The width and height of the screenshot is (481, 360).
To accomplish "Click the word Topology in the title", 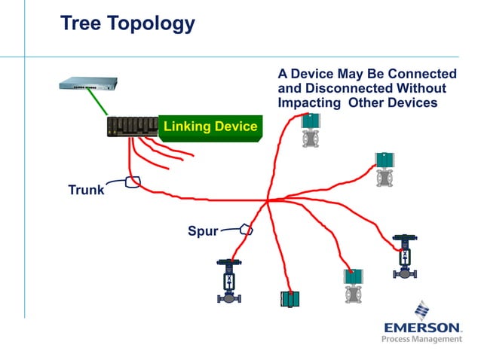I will click(x=152, y=25).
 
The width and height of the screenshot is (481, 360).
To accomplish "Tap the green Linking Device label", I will click(x=210, y=126).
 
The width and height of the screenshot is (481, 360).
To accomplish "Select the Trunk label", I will click(x=86, y=190).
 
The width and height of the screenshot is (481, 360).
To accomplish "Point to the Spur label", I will click(x=202, y=230).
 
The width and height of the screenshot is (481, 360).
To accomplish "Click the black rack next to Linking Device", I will click(x=133, y=127).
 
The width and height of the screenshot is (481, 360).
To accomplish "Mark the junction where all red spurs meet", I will click(x=268, y=200).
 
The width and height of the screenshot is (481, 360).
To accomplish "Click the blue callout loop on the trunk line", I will click(x=133, y=182).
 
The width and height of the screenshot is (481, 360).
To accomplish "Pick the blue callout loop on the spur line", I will click(x=246, y=228).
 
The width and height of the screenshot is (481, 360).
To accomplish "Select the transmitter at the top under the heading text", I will click(x=309, y=130).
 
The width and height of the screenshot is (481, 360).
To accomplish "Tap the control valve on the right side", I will click(x=406, y=257).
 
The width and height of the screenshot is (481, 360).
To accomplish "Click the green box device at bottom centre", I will click(x=290, y=297).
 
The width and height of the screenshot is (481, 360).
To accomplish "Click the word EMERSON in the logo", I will click(x=422, y=328).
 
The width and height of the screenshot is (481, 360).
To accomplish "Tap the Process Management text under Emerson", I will click(x=422, y=340).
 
